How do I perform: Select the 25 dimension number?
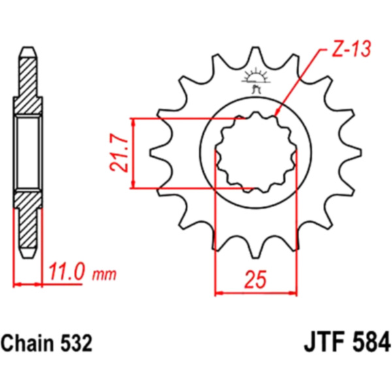click(x=255, y=279)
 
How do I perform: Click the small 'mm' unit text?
click(x=105, y=275)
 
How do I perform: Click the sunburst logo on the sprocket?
click(x=255, y=80)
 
